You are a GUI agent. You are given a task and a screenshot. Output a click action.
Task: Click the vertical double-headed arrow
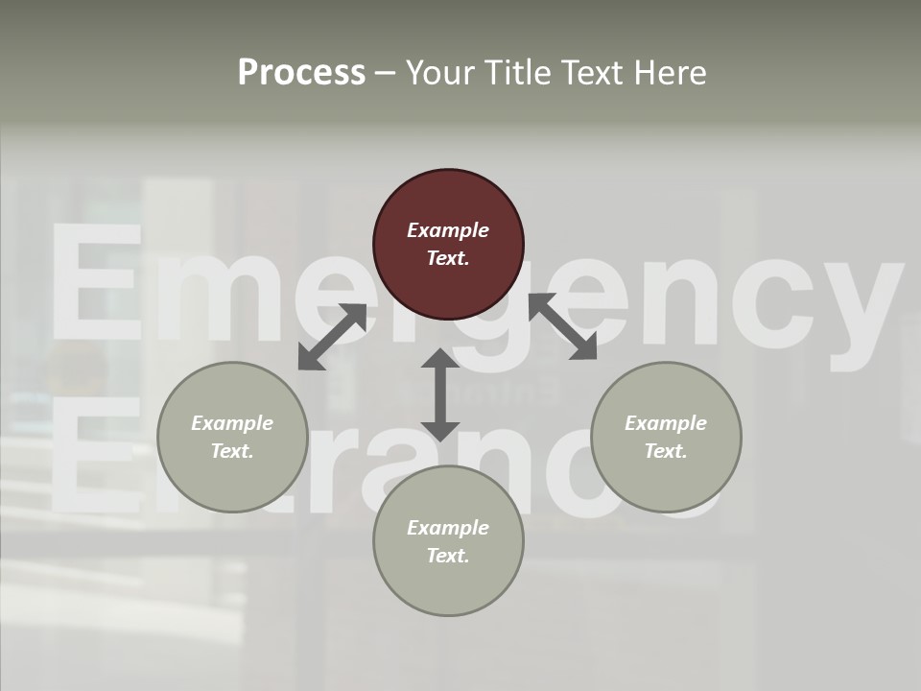(x=440, y=394)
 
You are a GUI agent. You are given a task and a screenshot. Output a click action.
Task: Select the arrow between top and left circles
(x=332, y=337)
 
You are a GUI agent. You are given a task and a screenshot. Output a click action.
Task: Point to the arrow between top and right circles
(x=562, y=326)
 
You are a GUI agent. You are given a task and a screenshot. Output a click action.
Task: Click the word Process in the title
(x=301, y=73)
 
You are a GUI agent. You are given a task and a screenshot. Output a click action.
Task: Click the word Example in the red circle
(x=448, y=230)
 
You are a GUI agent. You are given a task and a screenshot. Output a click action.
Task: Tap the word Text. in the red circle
(x=448, y=258)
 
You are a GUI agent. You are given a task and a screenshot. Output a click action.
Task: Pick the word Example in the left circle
(x=232, y=423)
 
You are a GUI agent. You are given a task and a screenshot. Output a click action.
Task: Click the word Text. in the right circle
(x=666, y=451)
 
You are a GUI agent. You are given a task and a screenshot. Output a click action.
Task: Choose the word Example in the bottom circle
(x=448, y=528)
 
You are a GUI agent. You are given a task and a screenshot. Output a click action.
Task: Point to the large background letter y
(x=859, y=307)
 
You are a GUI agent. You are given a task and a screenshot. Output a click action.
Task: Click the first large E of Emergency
(x=96, y=283)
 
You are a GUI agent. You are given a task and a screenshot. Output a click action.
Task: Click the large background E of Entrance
(x=91, y=456)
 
